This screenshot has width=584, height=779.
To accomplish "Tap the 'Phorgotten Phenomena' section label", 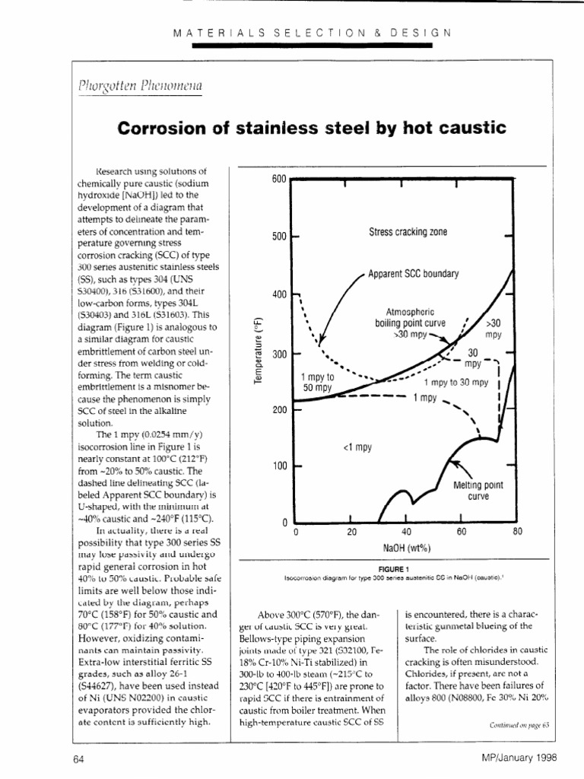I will pos(139,85).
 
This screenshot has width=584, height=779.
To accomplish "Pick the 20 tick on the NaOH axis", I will pos(351,533).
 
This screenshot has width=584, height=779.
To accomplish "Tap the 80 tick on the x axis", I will pos(516,533).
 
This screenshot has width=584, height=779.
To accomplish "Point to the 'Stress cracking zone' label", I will pos(408,232).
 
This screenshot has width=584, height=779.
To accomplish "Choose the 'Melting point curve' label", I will pos(479,490).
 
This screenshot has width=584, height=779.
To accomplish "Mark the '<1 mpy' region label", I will pos(357,447).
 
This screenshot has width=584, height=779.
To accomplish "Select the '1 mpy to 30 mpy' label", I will pos(455,383).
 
